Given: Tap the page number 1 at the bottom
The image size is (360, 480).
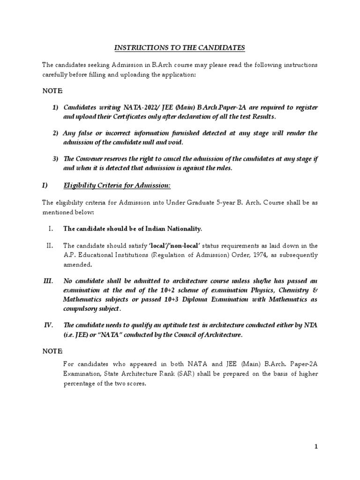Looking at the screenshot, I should tap(316, 447).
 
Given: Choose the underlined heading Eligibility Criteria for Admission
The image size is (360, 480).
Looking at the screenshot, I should tap(117, 186).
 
